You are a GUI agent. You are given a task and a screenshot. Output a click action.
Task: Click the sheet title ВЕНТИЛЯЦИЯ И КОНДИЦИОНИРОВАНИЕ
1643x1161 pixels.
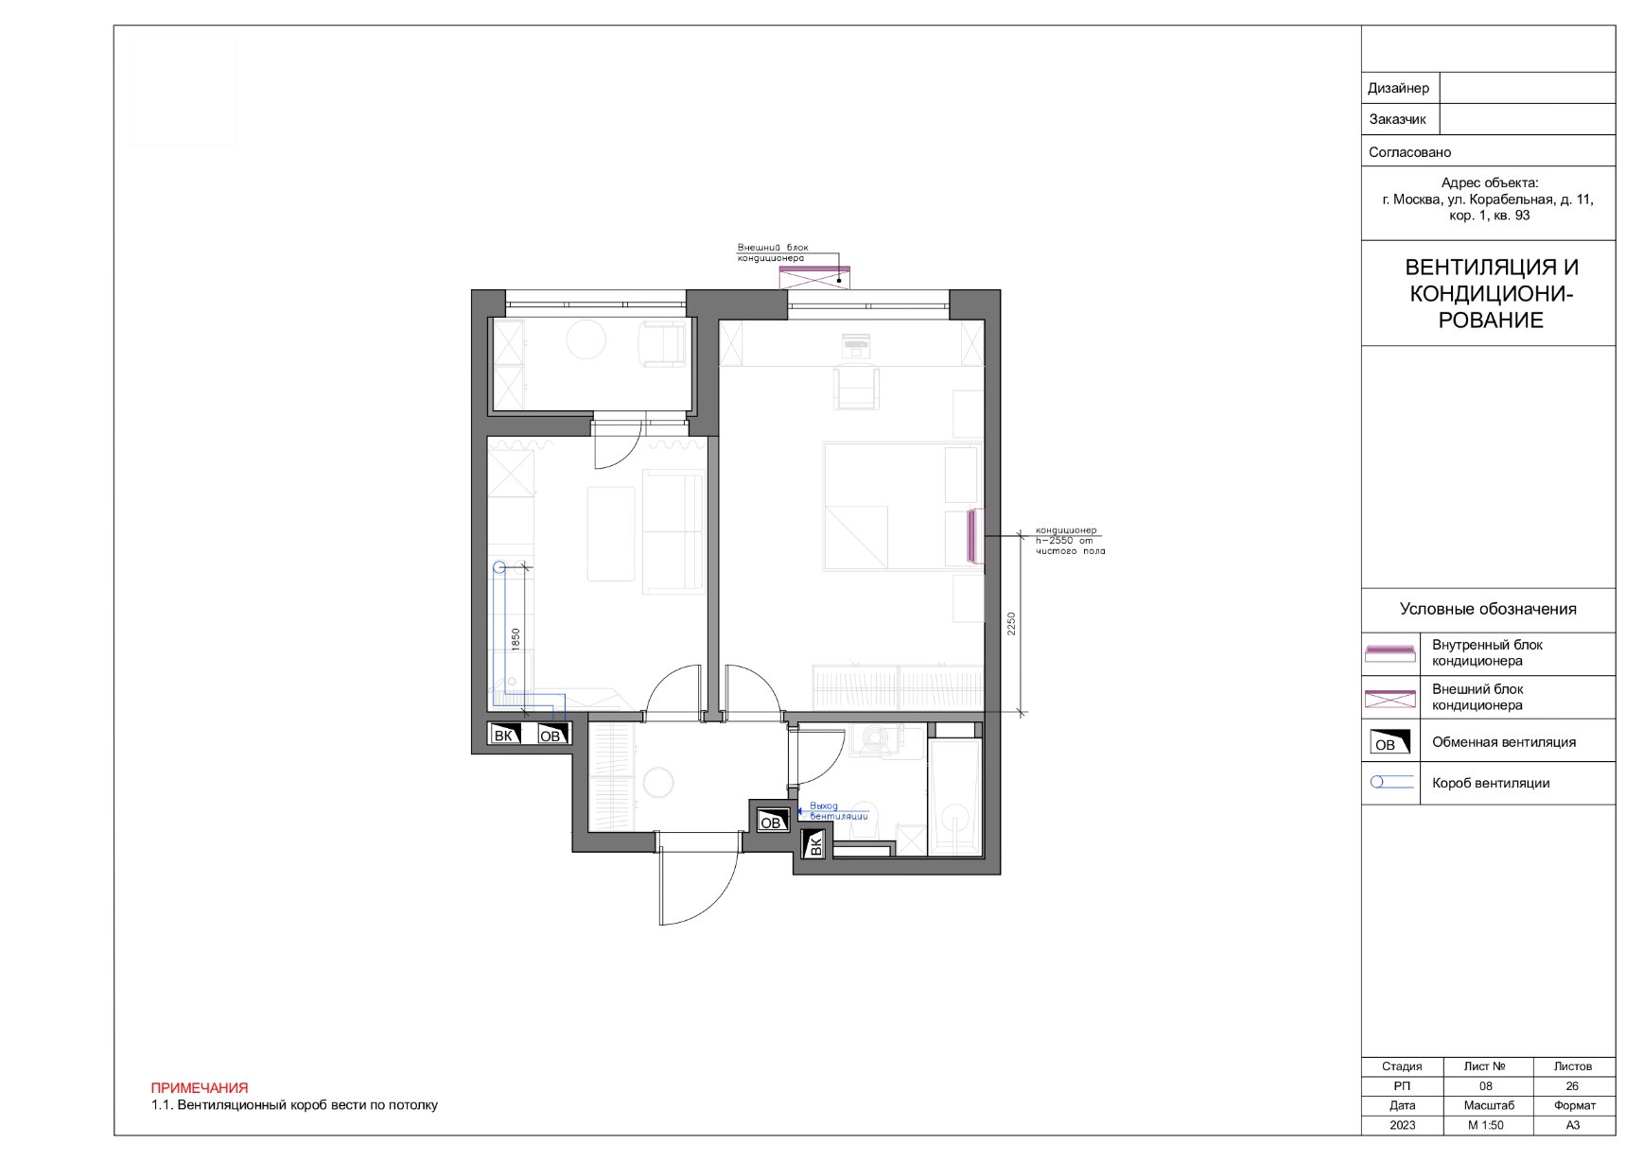(1491, 294)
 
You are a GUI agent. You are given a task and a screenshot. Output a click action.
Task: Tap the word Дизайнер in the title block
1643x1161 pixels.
(1398, 88)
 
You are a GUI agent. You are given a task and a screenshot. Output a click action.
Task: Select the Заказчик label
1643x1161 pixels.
(1397, 120)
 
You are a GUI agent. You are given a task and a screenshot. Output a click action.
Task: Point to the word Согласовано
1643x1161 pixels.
(1409, 152)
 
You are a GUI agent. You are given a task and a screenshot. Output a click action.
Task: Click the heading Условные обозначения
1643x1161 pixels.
(1488, 609)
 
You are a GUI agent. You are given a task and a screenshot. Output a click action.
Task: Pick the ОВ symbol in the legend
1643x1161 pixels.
(1390, 741)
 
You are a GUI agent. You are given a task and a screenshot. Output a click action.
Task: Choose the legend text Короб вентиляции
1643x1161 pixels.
(1491, 783)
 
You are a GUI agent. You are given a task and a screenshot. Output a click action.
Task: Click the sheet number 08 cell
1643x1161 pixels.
(1485, 1086)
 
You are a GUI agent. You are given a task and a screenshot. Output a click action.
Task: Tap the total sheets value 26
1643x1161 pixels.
(1572, 1086)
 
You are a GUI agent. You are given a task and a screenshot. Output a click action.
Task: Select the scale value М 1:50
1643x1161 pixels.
(1485, 1125)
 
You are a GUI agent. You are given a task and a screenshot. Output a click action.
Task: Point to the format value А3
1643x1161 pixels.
(1572, 1125)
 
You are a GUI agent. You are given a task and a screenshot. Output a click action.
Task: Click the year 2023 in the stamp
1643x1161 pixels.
(1402, 1125)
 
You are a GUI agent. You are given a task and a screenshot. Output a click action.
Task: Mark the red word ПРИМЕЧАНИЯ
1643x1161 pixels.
(200, 1088)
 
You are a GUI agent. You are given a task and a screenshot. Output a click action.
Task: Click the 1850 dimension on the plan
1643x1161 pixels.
(516, 639)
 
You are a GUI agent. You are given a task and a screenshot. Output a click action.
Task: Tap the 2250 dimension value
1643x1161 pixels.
(1011, 623)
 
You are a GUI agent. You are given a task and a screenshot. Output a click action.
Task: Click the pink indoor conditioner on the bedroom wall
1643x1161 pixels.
(971, 535)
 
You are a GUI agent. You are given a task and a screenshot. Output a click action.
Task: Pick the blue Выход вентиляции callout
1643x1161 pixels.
(838, 811)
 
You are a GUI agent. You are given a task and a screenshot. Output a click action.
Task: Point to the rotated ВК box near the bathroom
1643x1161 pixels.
(813, 844)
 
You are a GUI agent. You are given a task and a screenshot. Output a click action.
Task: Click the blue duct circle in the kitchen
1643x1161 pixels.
(499, 567)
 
